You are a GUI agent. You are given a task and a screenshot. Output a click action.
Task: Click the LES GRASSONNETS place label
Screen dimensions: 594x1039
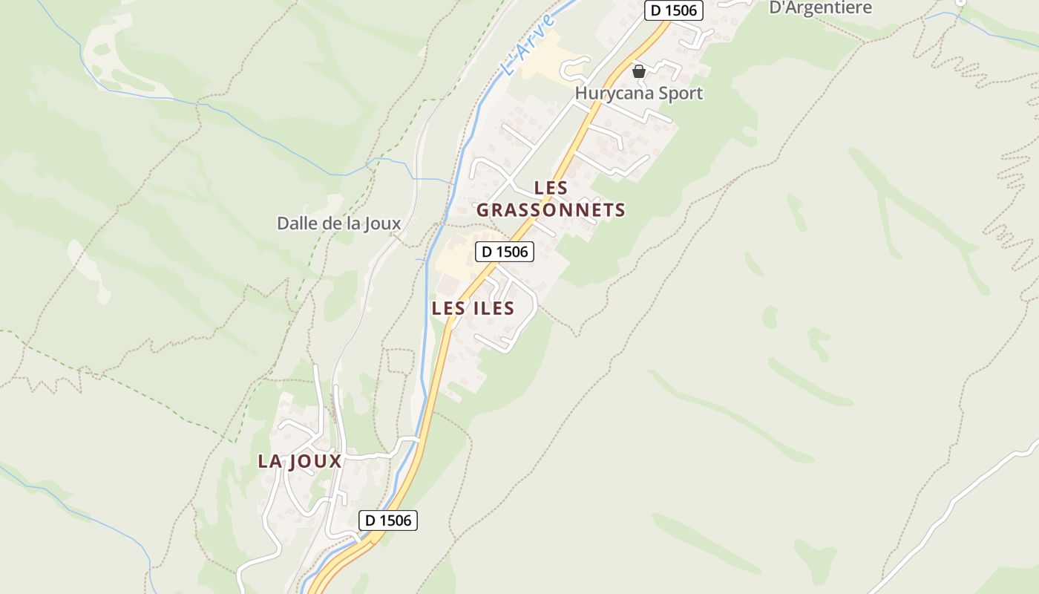(x=551, y=199)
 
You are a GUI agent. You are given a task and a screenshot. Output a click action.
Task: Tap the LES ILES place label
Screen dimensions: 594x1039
(x=473, y=308)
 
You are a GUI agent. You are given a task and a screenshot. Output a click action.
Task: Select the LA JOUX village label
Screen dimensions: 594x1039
(x=299, y=461)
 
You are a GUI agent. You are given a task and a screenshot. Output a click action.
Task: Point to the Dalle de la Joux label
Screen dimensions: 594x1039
(x=338, y=223)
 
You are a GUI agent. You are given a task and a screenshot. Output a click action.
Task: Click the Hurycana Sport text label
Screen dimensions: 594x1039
(x=639, y=94)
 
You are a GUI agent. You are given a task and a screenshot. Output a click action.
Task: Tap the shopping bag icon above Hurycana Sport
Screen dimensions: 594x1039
(x=638, y=71)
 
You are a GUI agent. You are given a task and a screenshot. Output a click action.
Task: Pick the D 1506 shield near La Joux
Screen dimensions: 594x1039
(x=388, y=520)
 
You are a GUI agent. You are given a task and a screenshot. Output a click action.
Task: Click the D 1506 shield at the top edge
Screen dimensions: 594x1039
(x=673, y=10)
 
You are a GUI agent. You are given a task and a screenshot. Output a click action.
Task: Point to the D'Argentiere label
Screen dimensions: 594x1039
(x=820, y=8)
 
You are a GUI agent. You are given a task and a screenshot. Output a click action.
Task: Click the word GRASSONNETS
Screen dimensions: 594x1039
(x=551, y=210)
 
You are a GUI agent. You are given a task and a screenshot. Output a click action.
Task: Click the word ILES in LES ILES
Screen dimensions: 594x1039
(x=491, y=308)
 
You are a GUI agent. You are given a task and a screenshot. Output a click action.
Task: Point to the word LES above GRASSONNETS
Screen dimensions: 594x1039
(x=551, y=188)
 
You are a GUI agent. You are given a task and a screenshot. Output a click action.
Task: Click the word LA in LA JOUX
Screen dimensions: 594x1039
(x=269, y=461)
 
